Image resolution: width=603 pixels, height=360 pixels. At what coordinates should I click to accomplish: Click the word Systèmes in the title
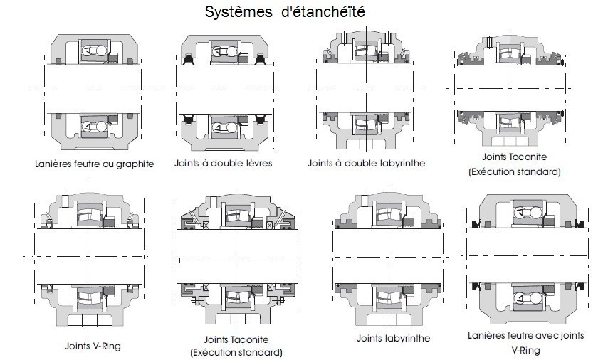pyautogui.click(x=238, y=12)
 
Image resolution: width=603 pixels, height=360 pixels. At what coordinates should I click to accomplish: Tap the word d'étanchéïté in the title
pyautogui.click(x=323, y=11)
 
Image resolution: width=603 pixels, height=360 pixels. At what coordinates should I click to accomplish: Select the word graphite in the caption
pyautogui.click(x=135, y=164)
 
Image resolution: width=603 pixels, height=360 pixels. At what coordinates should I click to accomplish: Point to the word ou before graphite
pyautogui.click(x=108, y=164)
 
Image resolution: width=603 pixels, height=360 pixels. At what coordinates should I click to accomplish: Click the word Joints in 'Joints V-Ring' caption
pyautogui.click(x=78, y=346)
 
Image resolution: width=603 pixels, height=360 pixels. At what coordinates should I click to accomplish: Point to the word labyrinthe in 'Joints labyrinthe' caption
pyautogui.click(x=407, y=338)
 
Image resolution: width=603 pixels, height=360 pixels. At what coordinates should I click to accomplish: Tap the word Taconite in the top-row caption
pyautogui.click(x=528, y=157)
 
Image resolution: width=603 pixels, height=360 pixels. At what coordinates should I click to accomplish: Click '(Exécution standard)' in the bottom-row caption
pyautogui.click(x=236, y=352)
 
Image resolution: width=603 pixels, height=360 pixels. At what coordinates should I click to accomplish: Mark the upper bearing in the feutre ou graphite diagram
pyautogui.click(x=95, y=51)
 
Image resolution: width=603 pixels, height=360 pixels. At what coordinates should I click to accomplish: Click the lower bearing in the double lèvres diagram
pyautogui.click(x=224, y=127)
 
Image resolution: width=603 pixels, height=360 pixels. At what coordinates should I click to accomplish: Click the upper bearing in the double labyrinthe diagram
pyautogui.click(x=366, y=51)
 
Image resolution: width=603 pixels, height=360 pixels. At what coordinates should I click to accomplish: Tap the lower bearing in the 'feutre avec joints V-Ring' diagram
pyautogui.click(x=528, y=297)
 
